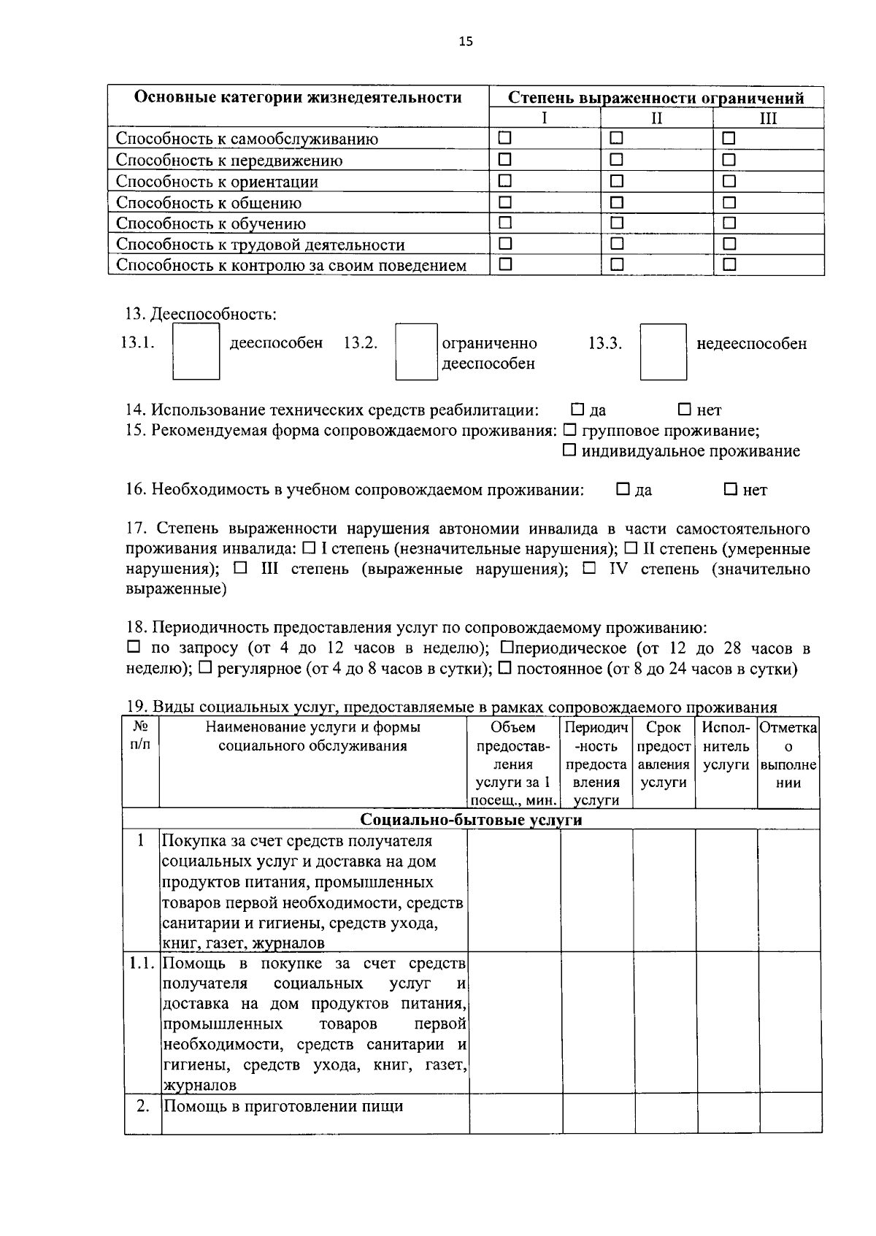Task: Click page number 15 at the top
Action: [466, 42]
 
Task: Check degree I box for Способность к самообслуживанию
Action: [505, 137]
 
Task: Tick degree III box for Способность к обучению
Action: [729, 223]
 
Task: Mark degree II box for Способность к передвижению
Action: [617, 159]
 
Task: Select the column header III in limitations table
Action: [768, 118]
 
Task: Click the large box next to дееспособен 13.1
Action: [196, 351]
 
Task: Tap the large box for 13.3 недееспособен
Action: [663, 351]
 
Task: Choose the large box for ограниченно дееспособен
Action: [416, 351]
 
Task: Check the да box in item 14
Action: [577, 409]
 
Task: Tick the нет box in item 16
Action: [731, 489]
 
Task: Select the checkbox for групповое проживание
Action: [570, 430]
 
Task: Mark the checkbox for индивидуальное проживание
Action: [569, 450]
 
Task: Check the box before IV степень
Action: [590, 568]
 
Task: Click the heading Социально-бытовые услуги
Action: [471, 819]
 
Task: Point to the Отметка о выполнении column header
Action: [788, 755]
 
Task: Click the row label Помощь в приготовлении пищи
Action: [283, 1106]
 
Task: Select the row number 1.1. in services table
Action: [142, 963]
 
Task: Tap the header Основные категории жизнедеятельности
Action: [298, 97]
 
